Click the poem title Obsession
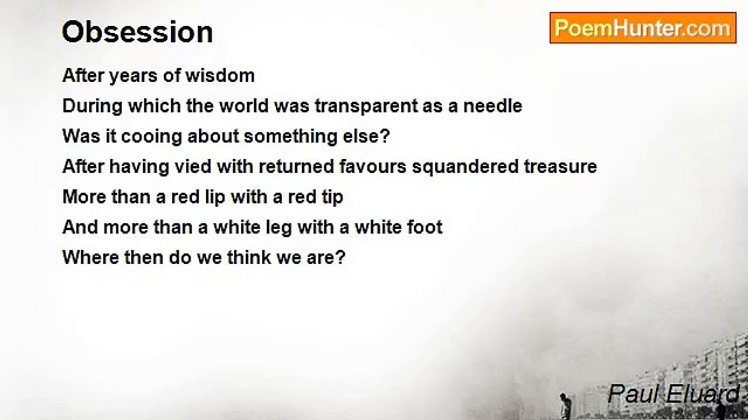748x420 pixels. point(137,32)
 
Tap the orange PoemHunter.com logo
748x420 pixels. point(643,28)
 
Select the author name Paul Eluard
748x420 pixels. point(673,394)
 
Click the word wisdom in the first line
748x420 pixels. point(220,75)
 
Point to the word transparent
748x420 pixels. point(366,106)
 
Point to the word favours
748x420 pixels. point(373,166)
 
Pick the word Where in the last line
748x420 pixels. point(91,257)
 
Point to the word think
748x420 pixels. point(249,257)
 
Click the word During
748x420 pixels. point(92,106)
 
